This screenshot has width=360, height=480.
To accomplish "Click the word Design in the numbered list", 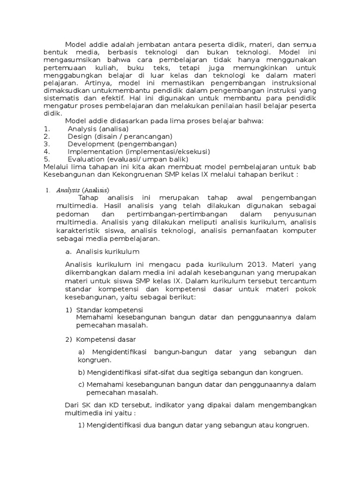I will [79, 136].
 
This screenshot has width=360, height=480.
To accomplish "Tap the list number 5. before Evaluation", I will [46, 159].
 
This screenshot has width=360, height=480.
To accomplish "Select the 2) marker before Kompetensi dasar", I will [69, 339].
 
